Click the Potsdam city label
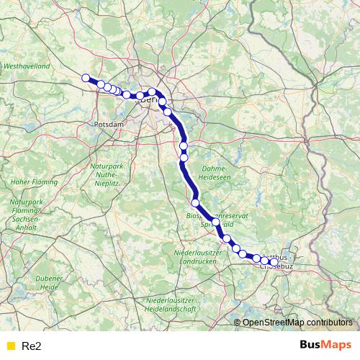(x=109, y=125)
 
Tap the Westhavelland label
(x=27, y=66)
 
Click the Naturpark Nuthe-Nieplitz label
(x=108, y=174)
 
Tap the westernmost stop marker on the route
(x=86, y=78)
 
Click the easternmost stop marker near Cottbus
(x=274, y=263)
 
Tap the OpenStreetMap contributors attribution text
(x=298, y=322)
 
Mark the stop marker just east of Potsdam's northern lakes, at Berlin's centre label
(x=153, y=92)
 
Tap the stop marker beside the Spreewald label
(x=216, y=222)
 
